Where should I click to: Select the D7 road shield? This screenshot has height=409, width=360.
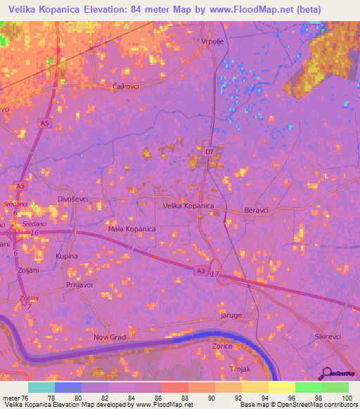(209, 150)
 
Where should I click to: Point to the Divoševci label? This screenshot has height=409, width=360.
(73, 200)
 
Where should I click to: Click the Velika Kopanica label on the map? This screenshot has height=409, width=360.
(188, 206)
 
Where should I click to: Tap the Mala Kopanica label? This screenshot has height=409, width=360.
(131, 229)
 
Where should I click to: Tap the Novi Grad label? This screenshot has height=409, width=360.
(110, 337)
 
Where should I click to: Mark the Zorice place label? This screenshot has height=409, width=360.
(223, 346)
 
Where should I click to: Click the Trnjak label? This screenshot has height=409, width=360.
(240, 368)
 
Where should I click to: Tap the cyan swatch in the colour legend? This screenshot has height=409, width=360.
(41, 387)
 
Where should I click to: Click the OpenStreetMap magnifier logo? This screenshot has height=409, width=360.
(326, 373)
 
